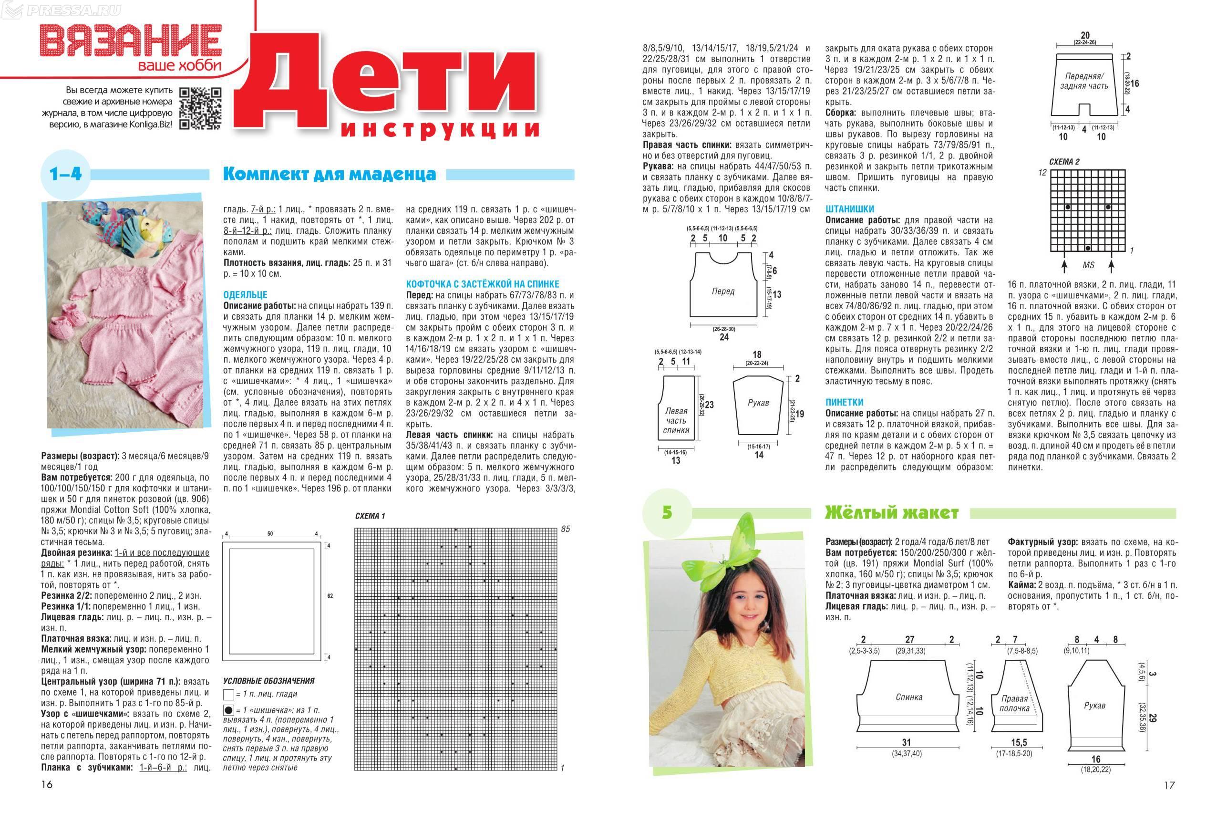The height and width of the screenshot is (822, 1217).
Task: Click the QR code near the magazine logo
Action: click(x=201, y=108)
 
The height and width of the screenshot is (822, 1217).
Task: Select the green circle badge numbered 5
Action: click(x=667, y=512)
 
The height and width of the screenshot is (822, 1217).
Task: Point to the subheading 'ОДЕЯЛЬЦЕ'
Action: click(x=245, y=295)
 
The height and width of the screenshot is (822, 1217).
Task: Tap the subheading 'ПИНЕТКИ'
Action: click(x=844, y=402)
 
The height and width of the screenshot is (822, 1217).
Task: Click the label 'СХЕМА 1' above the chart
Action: click(x=370, y=516)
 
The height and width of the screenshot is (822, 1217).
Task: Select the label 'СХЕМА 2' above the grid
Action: click(x=1064, y=162)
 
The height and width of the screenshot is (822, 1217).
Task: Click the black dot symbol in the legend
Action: click(x=228, y=711)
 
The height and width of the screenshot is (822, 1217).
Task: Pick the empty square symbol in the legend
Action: click(x=228, y=695)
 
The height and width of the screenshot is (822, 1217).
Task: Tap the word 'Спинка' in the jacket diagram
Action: click(x=908, y=697)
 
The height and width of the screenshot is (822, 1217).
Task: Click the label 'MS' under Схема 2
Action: click(x=1089, y=266)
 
